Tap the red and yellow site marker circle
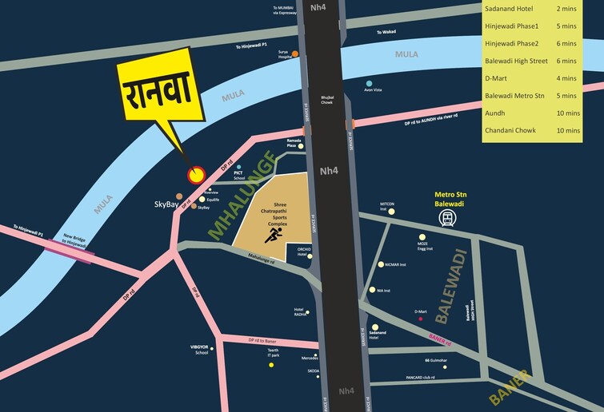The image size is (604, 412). (x=195, y=174)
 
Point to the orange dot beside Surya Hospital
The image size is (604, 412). (x=295, y=54)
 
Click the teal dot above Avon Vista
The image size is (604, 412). (x=369, y=83)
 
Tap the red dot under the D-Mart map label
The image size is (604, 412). (x=420, y=319)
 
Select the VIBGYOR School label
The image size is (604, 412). (x=199, y=349)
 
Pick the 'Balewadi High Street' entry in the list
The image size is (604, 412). (x=518, y=61)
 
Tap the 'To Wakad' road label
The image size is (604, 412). (x=387, y=32)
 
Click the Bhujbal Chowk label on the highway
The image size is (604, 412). (x=326, y=100)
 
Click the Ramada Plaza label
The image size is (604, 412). (x=294, y=142)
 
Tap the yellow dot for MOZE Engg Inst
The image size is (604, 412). (x=422, y=237)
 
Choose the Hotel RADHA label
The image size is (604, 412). (x=300, y=311)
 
